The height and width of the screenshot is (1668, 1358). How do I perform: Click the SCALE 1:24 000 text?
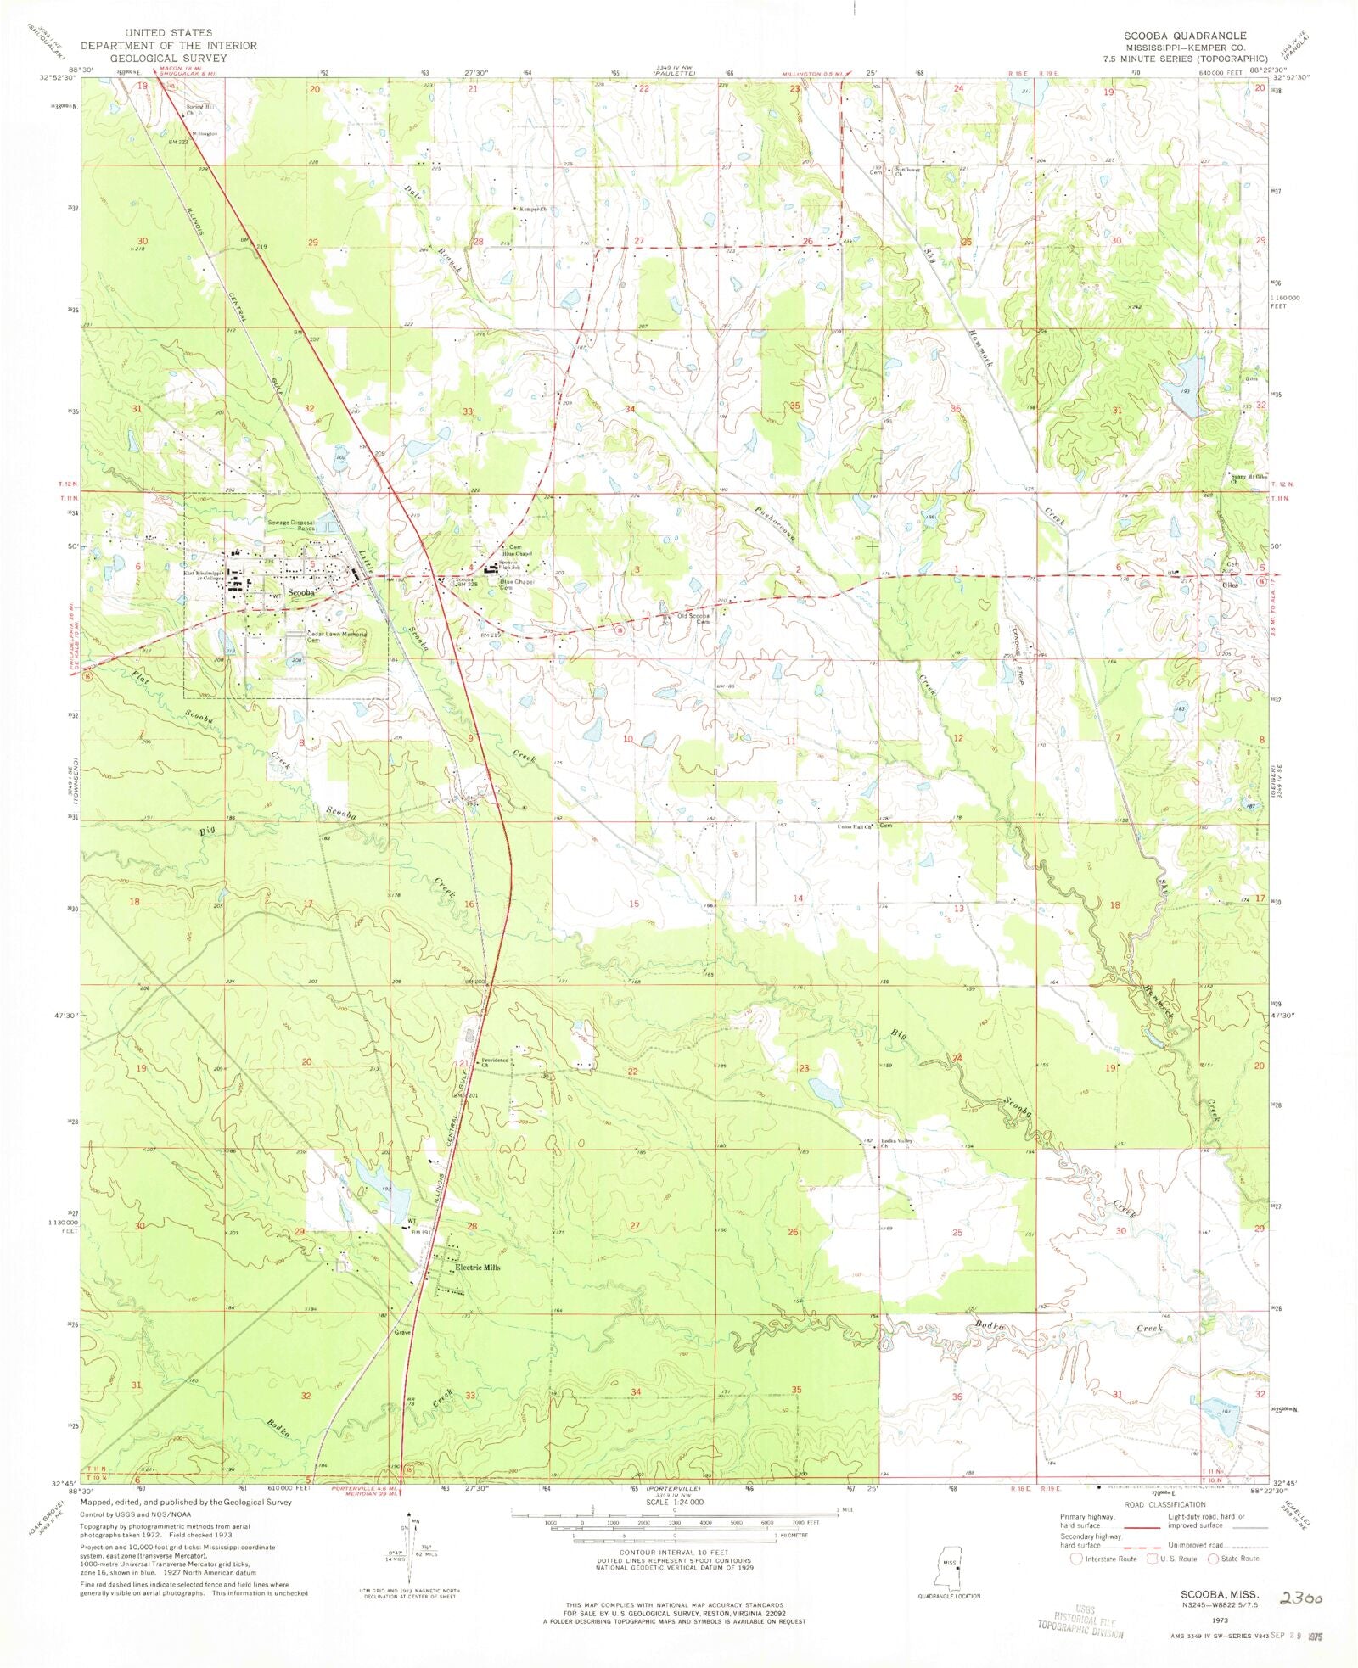675,1502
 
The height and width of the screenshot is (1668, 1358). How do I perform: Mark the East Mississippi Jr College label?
202,575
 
